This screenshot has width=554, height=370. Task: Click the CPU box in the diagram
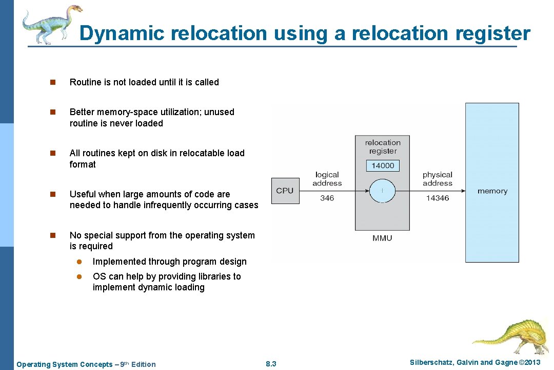point(285,191)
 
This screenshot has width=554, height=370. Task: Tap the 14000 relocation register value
point(383,165)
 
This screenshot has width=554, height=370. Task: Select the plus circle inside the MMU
point(382,191)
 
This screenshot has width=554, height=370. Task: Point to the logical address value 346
point(327,198)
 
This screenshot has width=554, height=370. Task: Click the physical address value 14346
point(438,198)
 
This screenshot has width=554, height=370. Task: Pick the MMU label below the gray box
point(382,238)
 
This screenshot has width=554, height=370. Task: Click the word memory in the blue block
point(492,191)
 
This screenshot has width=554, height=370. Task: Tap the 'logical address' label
point(327,179)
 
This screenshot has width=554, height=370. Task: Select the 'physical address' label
point(438,179)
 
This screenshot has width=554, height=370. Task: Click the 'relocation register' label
point(383,146)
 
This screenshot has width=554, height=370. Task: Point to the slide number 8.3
point(271,364)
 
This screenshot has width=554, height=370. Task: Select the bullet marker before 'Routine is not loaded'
point(51,82)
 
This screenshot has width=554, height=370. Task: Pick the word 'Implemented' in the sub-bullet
point(119,262)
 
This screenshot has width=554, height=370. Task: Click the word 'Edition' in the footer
point(143,364)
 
